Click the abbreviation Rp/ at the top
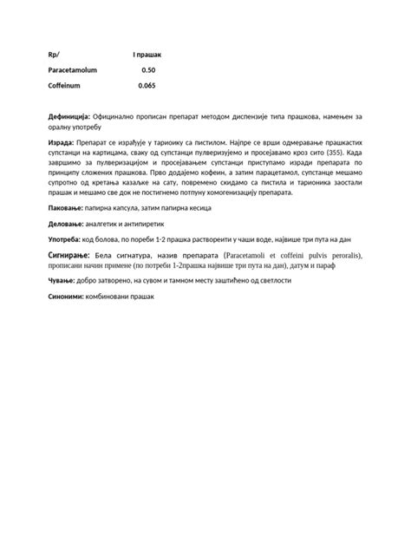pos(54,55)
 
